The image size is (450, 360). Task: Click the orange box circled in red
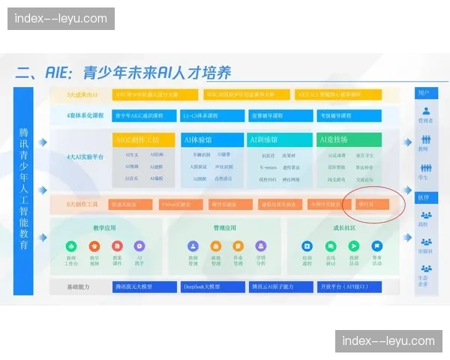coord(371,204)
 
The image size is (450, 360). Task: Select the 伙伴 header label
coord(424,197)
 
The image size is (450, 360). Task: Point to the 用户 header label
coord(424,92)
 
